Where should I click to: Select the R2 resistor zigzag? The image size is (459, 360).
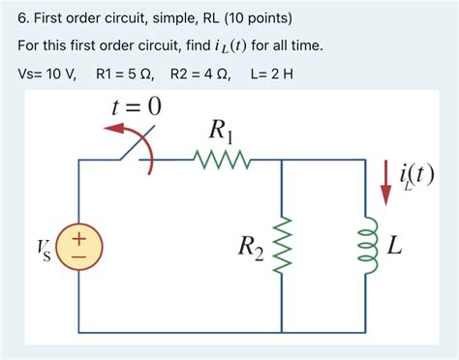(x=281, y=245)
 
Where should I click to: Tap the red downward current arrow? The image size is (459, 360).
(x=385, y=182)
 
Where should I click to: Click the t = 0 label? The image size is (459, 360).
(x=132, y=106)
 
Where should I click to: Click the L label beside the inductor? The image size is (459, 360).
(x=394, y=246)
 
